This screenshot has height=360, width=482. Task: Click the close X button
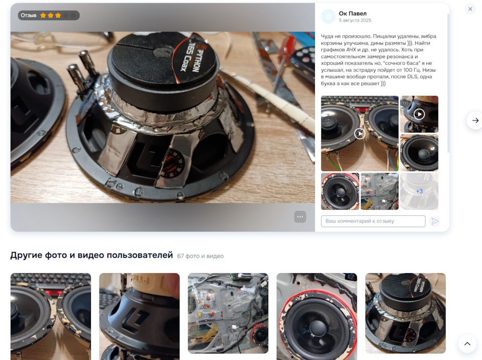(x=470, y=9)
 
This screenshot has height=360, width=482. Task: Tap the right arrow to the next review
(x=475, y=121)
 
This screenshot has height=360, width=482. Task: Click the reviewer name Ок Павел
(x=352, y=14)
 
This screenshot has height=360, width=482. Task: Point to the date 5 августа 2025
(x=355, y=20)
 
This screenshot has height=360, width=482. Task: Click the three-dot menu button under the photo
(x=300, y=217)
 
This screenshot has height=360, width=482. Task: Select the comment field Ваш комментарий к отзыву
(x=373, y=221)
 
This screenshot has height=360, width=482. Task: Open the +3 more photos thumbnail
(x=419, y=191)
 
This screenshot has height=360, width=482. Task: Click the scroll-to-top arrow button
(x=467, y=344)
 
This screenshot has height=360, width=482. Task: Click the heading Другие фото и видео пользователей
(x=91, y=255)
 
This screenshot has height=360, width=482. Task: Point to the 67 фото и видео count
(x=200, y=256)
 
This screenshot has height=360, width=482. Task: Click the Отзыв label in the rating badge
(x=29, y=16)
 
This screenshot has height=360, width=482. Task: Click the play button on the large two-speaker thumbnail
(x=359, y=134)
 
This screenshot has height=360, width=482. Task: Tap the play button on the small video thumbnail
(x=419, y=114)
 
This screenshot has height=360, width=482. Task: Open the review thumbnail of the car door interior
(x=380, y=191)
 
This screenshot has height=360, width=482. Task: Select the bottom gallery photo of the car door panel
(x=228, y=313)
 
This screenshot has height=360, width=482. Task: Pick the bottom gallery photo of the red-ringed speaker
(x=317, y=317)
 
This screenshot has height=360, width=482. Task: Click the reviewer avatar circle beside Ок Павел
(x=328, y=17)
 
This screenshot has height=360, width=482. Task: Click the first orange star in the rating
(x=43, y=16)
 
